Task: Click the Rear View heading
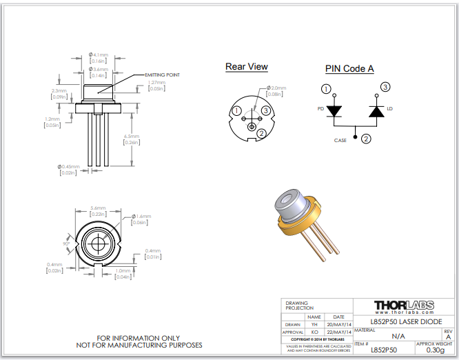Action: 246,67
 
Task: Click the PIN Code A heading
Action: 349,68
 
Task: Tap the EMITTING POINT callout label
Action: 162,74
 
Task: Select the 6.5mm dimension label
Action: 131,137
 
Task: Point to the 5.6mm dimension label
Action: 98,208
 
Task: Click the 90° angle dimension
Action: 68,243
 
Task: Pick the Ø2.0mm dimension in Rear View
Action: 276,88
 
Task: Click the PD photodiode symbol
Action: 334,110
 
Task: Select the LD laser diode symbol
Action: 376,110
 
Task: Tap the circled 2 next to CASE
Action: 366,139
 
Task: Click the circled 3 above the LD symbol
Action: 385,87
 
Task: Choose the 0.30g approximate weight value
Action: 434,350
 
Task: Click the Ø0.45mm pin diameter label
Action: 69,166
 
